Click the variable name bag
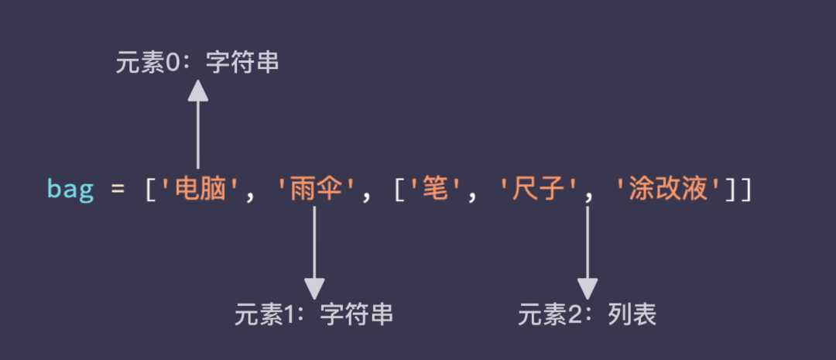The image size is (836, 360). (x=70, y=189)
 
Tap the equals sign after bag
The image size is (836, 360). (x=118, y=190)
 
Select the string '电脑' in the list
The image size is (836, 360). (x=198, y=189)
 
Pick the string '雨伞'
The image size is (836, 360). (x=314, y=189)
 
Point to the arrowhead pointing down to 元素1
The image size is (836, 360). (x=314, y=287)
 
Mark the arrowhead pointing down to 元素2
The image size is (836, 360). (x=588, y=287)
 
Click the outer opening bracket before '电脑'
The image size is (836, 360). (x=152, y=190)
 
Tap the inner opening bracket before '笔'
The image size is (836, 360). (x=399, y=190)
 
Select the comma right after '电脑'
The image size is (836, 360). (x=249, y=194)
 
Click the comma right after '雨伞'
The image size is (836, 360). (x=365, y=194)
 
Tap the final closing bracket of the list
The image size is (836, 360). (x=745, y=190)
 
